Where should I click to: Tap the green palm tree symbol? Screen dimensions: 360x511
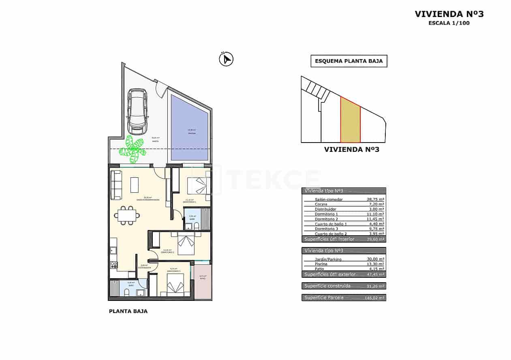pos(133,147)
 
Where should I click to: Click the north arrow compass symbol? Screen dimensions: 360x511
pos(226,60)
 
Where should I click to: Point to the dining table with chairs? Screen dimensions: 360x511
pos(127,215)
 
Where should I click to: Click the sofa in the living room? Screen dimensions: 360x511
pos(116,185)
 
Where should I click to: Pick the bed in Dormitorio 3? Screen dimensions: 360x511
pos(176,283)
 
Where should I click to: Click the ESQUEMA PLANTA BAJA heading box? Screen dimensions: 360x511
pos(349,62)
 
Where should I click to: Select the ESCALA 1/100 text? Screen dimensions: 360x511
pos(449,23)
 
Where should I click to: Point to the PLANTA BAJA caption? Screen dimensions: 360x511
pos(128,311)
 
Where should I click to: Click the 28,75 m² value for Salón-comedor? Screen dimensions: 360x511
pos(376,200)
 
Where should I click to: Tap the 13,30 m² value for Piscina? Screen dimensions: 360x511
pos(376,264)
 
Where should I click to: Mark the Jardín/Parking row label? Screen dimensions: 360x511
pos(328,259)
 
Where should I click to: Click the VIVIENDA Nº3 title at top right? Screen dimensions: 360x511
pos(449,14)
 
